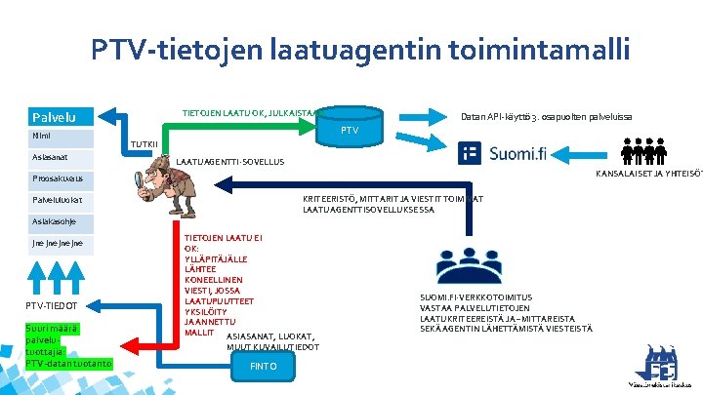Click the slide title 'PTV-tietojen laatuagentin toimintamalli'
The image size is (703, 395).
[360, 48]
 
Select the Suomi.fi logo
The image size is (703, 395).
[504, 153]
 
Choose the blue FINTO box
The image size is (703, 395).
[264, 366]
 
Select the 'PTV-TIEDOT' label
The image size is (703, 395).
[52, 305]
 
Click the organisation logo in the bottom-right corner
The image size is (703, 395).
[658, 366]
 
